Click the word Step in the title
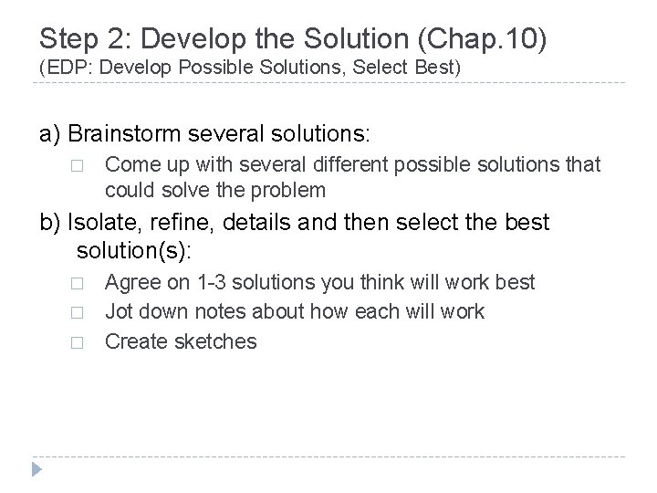click(67, 39)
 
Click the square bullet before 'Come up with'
click(77, 166)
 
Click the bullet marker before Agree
click(77, 283)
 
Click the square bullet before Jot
click(77, 313)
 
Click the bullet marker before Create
click(77, 343)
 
